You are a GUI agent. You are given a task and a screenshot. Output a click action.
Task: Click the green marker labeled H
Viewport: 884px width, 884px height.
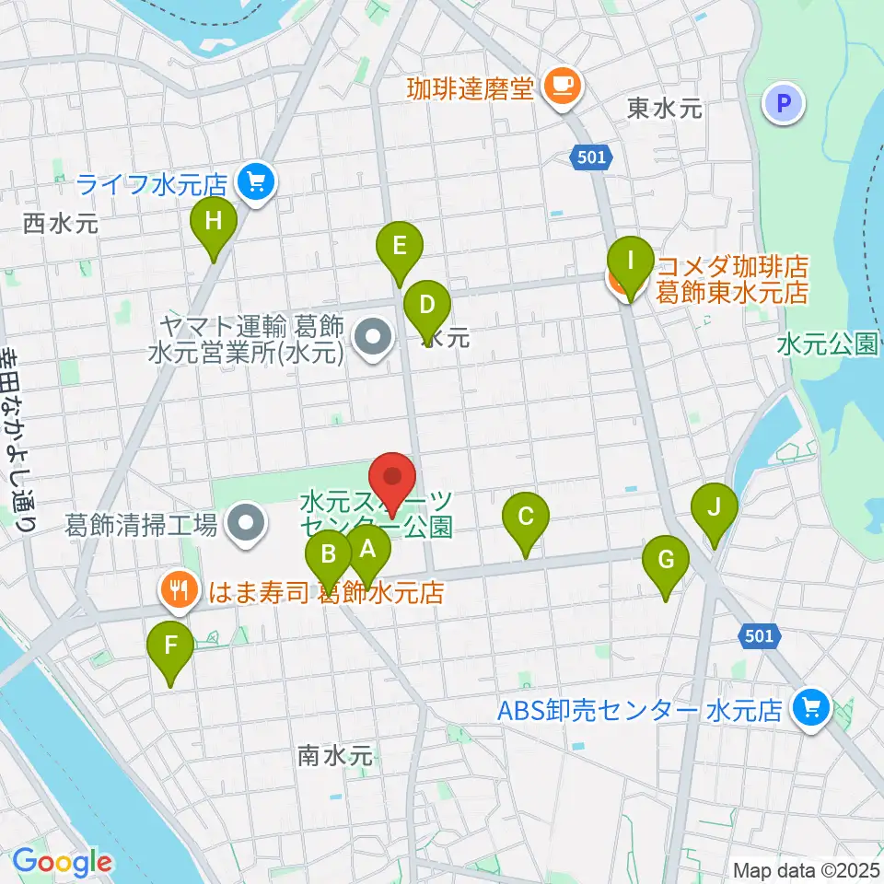[x=214, y=223]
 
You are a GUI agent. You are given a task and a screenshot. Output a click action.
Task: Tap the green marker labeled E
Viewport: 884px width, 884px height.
[x=400, y=247]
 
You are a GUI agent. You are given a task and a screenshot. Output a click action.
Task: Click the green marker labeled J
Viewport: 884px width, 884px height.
[x=715, y=508]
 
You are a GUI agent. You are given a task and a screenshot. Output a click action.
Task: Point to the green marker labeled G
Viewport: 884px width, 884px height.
[x=666, y=561]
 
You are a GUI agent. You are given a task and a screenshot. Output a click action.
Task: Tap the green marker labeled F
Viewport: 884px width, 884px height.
[x=170, y=646]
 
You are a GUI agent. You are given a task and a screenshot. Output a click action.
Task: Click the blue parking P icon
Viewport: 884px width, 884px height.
[x=785, y=104]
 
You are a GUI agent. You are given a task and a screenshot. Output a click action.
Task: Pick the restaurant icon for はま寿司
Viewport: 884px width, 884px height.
[x=177, y=589]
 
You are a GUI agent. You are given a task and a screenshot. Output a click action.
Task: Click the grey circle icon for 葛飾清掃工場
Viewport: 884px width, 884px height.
[x=246, y=526]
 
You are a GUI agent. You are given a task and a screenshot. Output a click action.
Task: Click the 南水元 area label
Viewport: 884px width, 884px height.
[x=335, y=755]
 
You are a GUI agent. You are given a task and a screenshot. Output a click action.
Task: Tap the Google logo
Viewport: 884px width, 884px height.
[x=62, y=862]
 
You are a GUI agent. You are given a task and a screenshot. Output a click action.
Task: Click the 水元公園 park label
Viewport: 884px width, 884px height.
[x=827, y=344]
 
